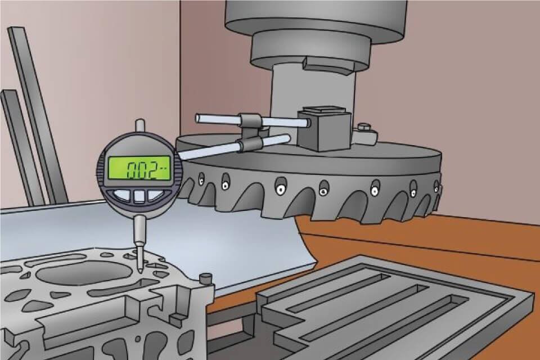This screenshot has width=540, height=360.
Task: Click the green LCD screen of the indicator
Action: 139,168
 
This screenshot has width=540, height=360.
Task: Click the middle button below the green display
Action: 139,196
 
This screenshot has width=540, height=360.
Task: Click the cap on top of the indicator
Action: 139,125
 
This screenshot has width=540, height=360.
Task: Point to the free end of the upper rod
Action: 197,118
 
